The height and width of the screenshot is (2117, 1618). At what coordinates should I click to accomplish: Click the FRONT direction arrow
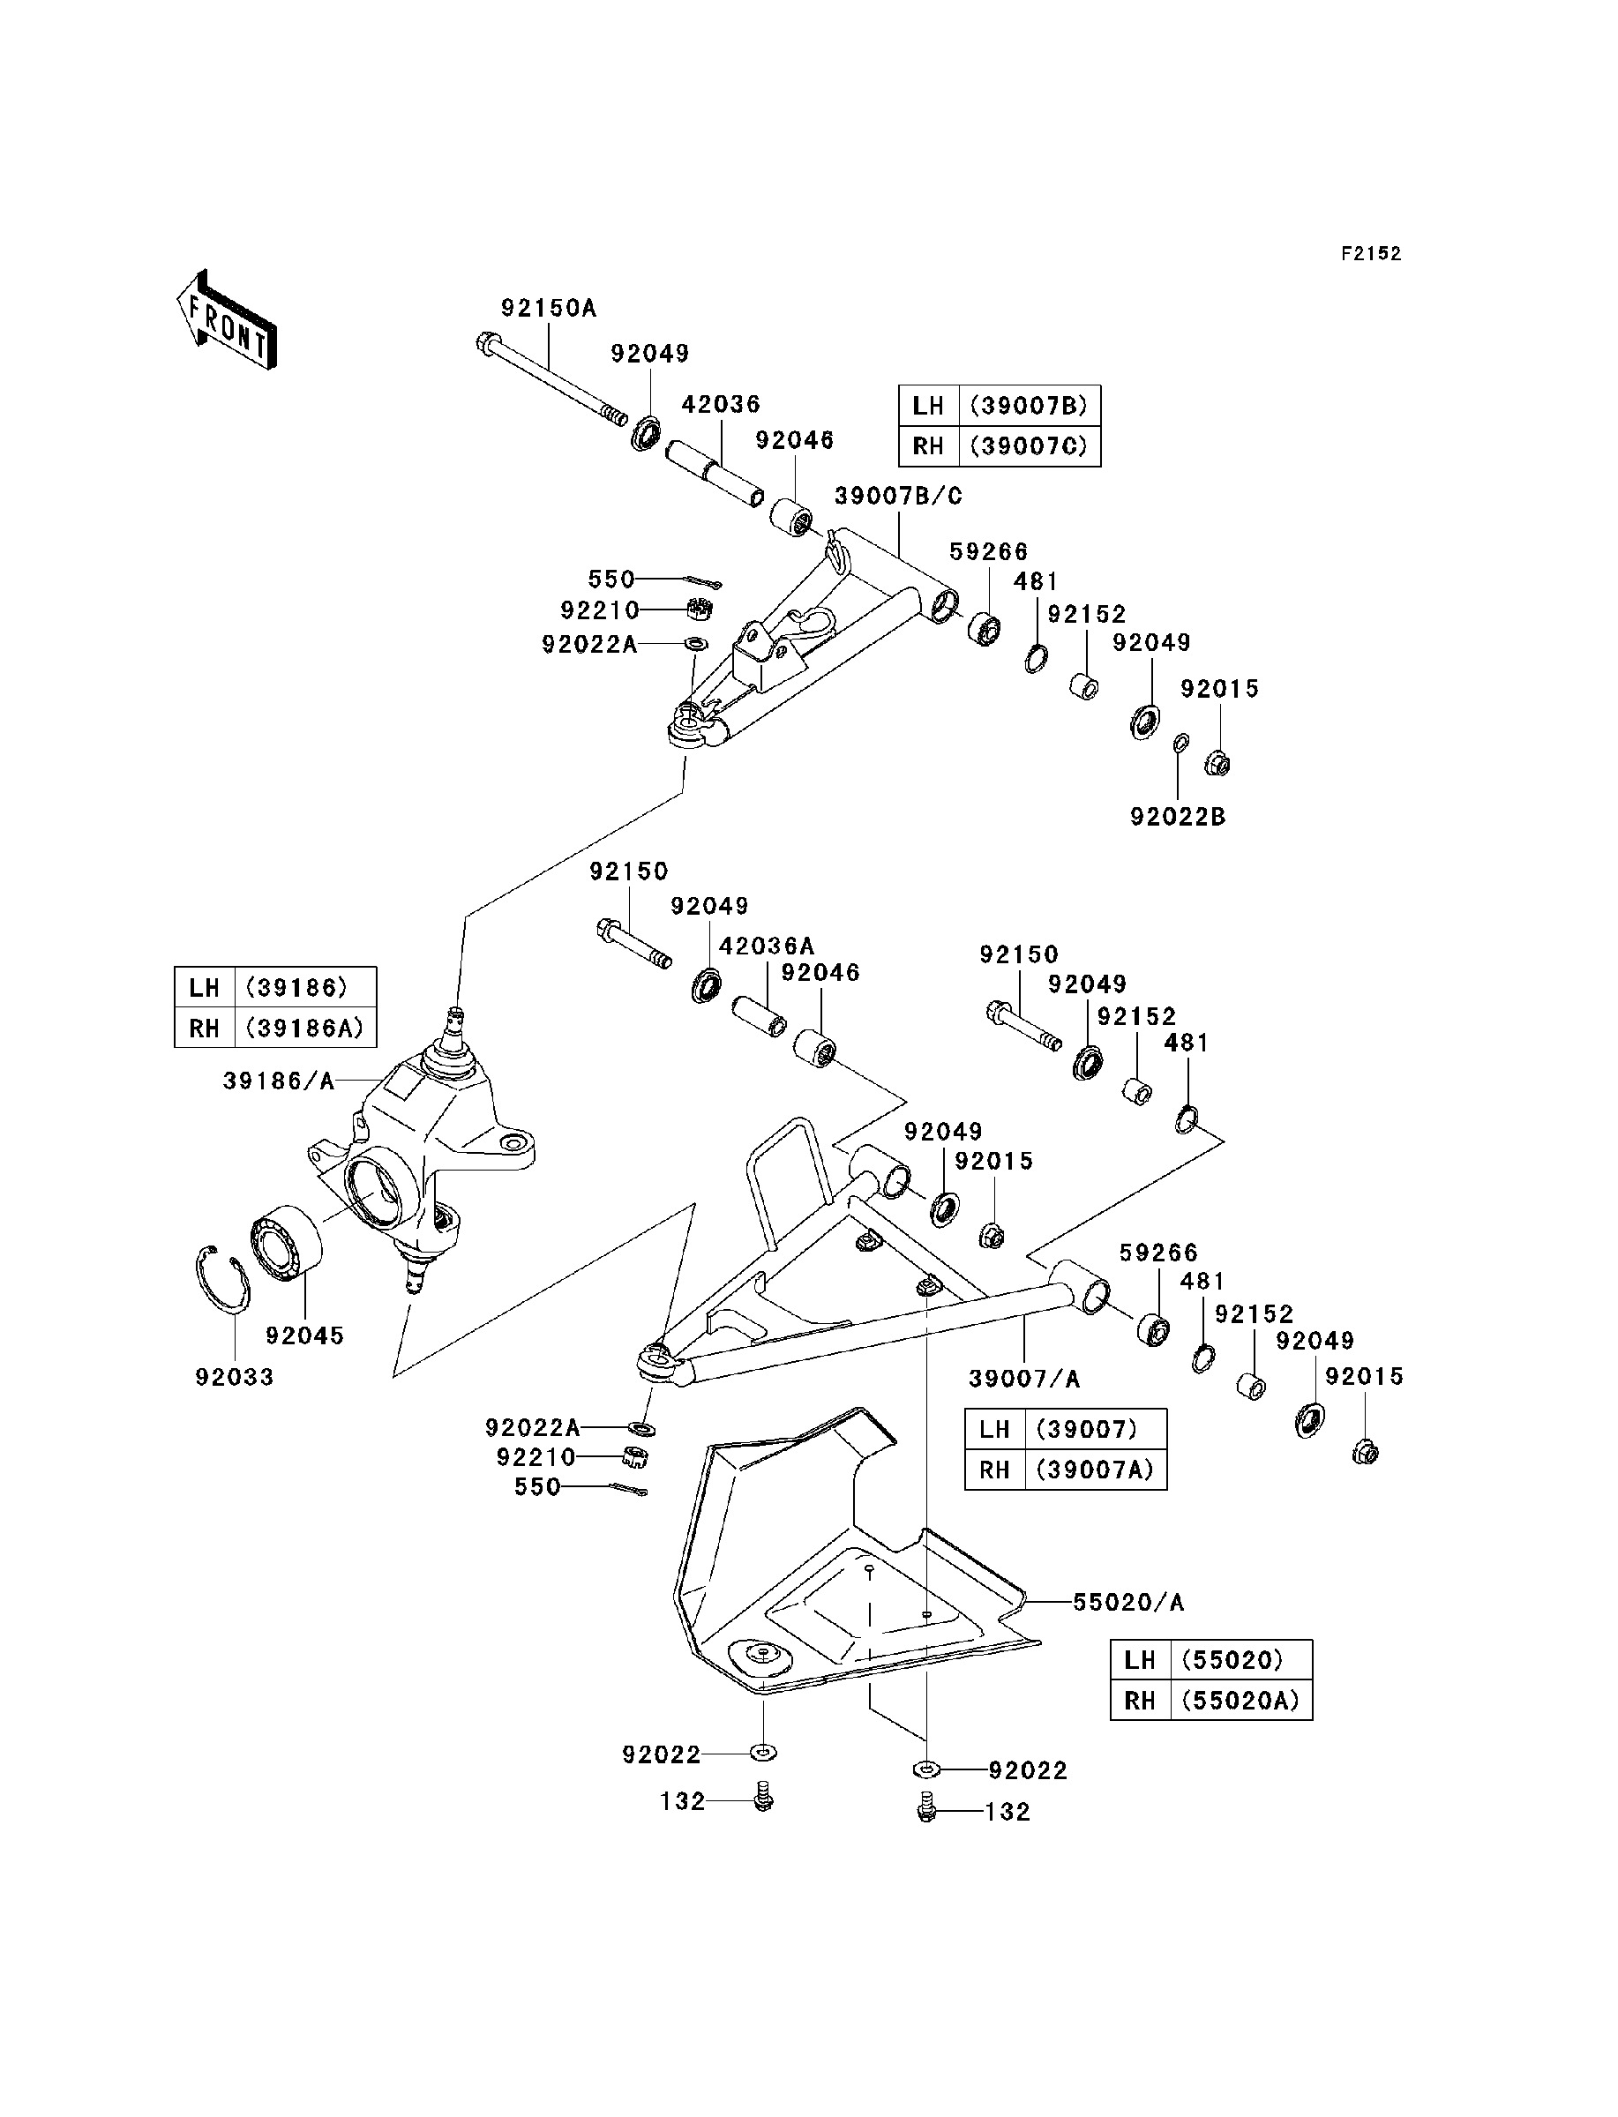pyautogui.click(x=227, y=319)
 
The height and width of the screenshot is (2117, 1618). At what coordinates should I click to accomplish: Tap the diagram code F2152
pyautogui.click(x=1372, y=254)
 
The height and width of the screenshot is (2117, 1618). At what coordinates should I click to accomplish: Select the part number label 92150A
pyautogui.click(x=549, y=308)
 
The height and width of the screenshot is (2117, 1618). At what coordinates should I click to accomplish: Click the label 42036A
pyautogui.click(x=767, y=946)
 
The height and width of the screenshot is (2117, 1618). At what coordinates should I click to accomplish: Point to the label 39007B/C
pyautogui.click(x=899, y=497)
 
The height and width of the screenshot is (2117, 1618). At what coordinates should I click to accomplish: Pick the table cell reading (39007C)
pyautogui.click(x=1030, y=446)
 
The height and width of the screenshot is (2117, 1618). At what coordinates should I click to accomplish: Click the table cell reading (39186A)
pyautogui.click(x=305, y=1029)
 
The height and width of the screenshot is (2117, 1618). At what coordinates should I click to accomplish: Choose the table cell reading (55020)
pyautogui.click(x=1241, y=1661)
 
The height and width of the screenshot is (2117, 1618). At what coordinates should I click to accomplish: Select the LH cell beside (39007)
pyautogui.click(x=995, y=1430)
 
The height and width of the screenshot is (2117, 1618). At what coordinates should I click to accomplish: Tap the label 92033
pyautogui.click(x=235, y=1378)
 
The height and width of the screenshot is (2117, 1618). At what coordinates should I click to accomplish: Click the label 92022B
pyautogui.click(x=1178, y=818)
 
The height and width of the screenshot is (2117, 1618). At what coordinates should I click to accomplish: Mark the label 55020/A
pyautogui.click(x=1128, y=1603)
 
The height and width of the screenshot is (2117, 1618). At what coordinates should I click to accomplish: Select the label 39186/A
pyautogui.click(x=280, y=1082)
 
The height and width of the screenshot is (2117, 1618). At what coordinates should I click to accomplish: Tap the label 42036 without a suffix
pyautogui.click(x=722, y=404)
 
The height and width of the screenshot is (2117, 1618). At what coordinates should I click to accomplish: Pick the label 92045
pyautogui.click(x=305, y=1336)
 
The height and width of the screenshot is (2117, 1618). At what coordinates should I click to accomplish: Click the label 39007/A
pyautogui.click(x=1025, y=1380)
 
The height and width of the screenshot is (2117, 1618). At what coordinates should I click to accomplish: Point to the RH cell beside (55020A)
pyautogui.click(x=1141, y=1702)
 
